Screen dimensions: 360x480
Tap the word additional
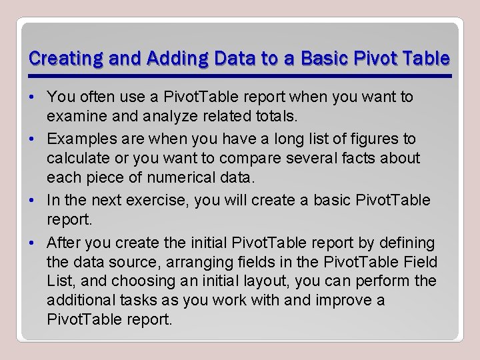pyautogui.click(x=78, y=301)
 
